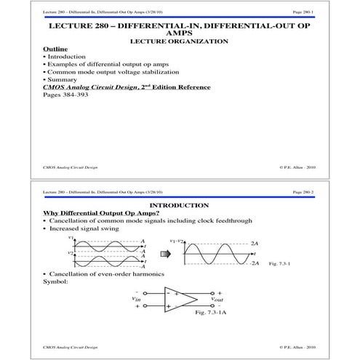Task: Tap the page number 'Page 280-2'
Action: point(303,191)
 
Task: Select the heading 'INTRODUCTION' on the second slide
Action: point(179,205)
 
